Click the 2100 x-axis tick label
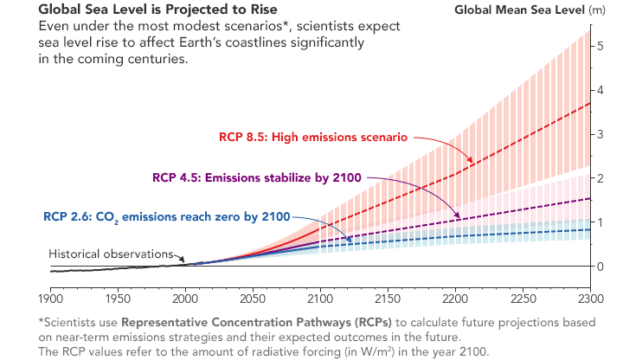pos(320,299)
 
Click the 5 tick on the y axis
pos(601,45)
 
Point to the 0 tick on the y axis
pos(601,266)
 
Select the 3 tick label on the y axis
pos(601,134)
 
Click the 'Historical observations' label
pos(112,255)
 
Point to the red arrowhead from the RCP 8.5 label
pos(471,162)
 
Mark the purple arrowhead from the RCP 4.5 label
pos(458,215)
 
